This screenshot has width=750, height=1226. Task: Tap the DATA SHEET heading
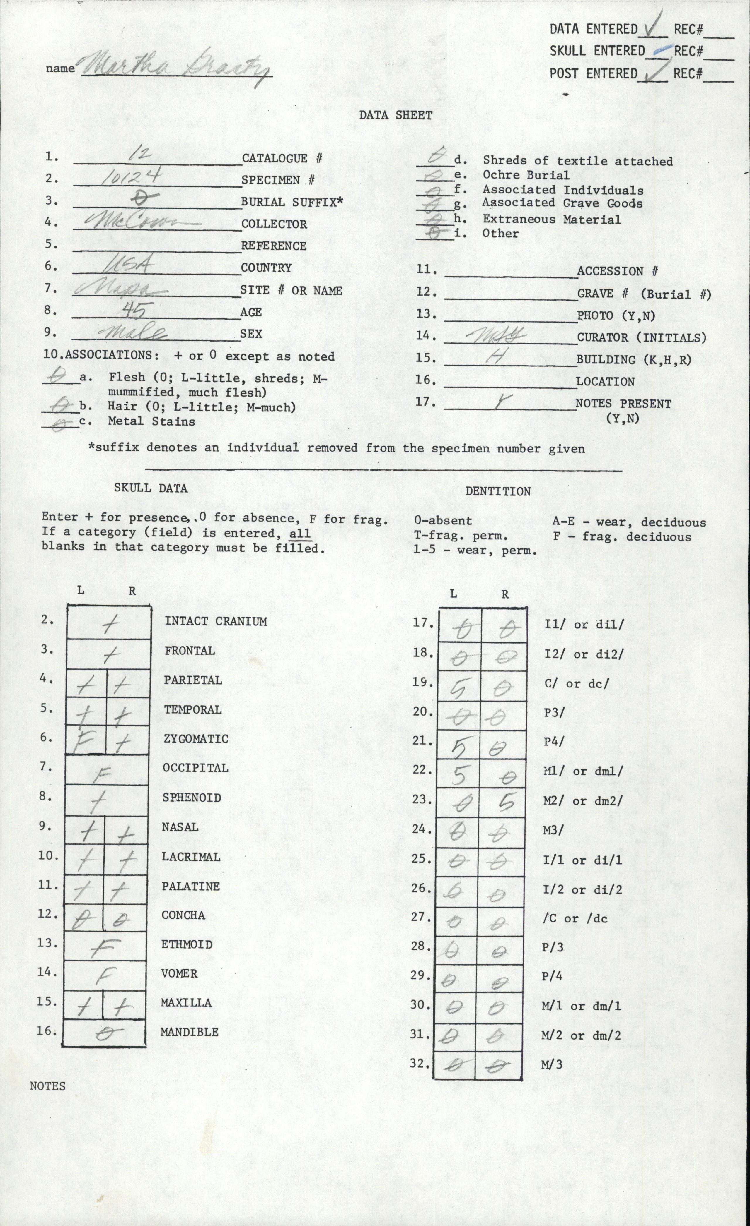coord(396,115)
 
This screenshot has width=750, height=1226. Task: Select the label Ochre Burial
coord(525,175)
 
